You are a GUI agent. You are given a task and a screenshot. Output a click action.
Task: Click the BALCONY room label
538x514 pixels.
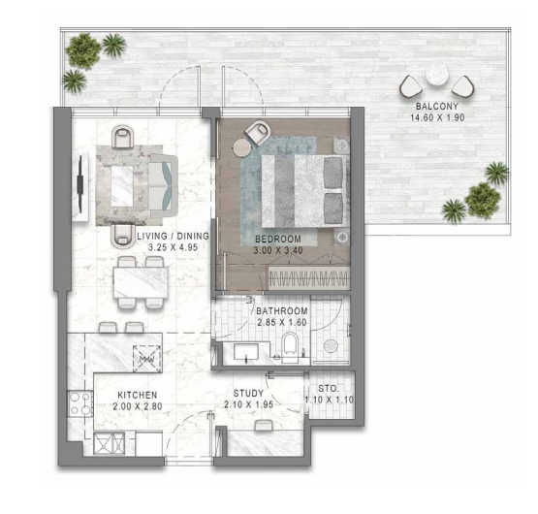coord(437,107)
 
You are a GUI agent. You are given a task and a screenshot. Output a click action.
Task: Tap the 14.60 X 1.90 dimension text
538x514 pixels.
coord(437,117)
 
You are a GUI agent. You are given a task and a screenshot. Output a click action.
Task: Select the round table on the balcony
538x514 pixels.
coord(437,75)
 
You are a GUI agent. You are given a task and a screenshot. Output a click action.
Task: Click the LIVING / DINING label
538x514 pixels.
coord(173,236)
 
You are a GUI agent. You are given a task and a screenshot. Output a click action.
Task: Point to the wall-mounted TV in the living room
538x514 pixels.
coord(80,184)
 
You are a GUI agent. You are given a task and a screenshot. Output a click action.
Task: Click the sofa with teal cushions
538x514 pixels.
coord(163,186)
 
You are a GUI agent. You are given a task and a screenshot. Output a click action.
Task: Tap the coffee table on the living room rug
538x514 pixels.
coord(122,186)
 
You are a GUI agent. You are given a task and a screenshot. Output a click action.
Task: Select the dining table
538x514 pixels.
coord(141,282)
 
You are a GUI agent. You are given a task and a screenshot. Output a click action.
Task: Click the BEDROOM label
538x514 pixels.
coord(278,239)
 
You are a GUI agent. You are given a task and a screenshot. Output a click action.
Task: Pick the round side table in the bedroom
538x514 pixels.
coord(242,147)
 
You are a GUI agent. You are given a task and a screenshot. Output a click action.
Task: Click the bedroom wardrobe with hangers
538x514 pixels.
coord(309,276)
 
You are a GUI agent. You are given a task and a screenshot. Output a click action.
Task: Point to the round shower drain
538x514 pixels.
coord(331,346)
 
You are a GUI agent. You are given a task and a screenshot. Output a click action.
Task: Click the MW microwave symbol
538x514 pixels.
coord(146,359)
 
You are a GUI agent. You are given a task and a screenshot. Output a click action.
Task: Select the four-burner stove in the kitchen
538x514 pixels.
coord(80,403)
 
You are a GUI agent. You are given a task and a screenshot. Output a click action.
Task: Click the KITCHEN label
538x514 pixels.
coord(138,395)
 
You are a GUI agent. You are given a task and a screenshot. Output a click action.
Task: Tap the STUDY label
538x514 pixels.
coord(248,393)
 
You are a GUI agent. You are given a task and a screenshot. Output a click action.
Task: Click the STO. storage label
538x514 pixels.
coord(329,389)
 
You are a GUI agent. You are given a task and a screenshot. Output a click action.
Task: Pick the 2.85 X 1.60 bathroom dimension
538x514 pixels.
coord(282,322)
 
